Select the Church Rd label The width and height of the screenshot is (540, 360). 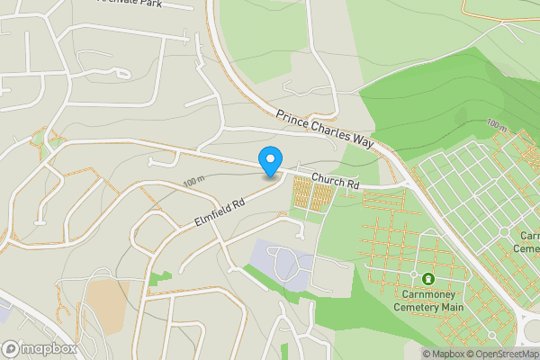point(336,184)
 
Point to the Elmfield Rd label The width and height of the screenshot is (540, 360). point(219,213)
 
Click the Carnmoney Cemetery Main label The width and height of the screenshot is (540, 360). point(427,299)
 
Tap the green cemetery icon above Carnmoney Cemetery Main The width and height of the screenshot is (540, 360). point(427,278)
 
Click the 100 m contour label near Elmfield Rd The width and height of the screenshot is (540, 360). point(193,182)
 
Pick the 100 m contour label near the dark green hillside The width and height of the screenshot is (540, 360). point(495,122)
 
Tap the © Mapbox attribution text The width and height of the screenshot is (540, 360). point(443,354)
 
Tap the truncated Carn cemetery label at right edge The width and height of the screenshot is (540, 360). point(529,241)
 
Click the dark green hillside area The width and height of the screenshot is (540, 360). point(432,99)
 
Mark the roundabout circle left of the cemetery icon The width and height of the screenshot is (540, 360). point(413,274)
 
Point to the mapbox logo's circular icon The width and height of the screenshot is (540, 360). point(11,348)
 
